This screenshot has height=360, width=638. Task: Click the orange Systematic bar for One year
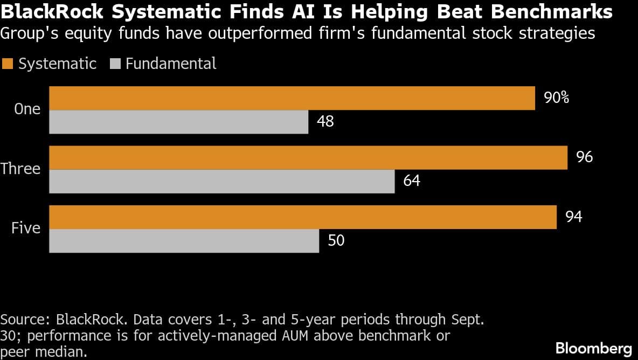click(292, 98)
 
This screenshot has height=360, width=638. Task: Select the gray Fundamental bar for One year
click(179, 122)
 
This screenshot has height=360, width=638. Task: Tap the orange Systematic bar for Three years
click(308, 157)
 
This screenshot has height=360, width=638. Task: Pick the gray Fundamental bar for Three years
click(222, 181)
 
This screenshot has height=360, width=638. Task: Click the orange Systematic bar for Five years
click(303, 217)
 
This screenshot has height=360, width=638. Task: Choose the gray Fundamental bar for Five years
click(184, 240)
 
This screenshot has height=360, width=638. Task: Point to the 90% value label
click(557, 98)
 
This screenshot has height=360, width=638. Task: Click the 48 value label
click(325, 122)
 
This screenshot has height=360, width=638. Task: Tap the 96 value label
click(584, 157)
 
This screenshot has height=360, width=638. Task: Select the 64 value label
click(411, 181)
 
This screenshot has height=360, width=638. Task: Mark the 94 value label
click(573, 217)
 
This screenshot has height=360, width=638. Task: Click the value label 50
click(336, 240)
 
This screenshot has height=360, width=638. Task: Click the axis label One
click(27, 109)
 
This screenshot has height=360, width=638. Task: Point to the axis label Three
click(20, 169)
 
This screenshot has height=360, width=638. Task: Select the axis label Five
click(26, 229)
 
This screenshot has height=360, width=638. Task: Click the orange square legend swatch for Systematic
click(7, 64)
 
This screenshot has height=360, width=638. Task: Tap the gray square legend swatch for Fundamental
click(114, 64)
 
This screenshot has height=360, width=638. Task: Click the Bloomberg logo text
click(593, 348)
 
